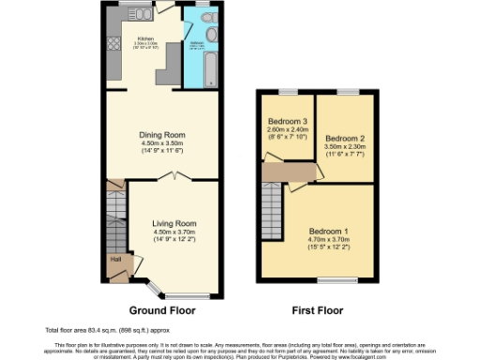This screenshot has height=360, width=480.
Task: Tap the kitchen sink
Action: [x=142, y=13]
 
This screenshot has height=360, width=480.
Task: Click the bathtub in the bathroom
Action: [x=208, y=72]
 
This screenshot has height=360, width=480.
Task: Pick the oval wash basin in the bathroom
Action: [x=213, y=35]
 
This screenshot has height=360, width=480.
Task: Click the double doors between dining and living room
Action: [x=175, y=177]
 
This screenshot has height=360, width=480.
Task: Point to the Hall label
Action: [x=116, y=259]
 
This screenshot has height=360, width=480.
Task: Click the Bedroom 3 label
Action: [x=288, y=123]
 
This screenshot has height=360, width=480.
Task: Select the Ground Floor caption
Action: [x=168, y=310]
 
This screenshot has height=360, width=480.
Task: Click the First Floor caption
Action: [x=318, y=310]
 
